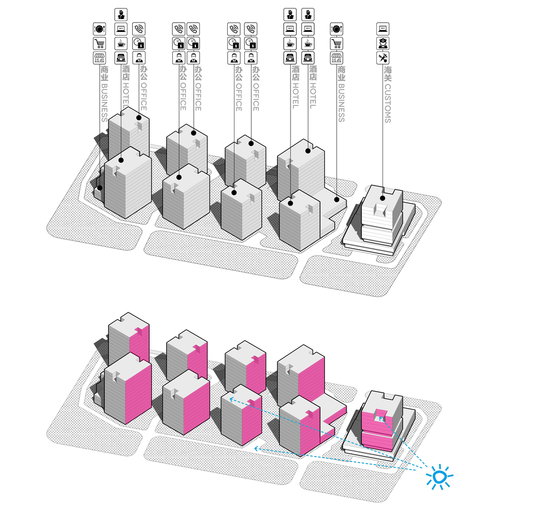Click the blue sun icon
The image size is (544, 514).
440,477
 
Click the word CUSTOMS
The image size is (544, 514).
388,103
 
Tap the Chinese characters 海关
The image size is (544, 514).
388,74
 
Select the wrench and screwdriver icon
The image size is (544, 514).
383,58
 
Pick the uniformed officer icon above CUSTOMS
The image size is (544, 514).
383,43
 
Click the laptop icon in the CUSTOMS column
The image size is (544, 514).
383,29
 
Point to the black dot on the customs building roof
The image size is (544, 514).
383,198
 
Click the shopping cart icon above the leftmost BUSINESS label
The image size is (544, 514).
99,44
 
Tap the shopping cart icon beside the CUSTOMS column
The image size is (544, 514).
337,44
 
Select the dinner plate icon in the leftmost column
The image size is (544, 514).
99,29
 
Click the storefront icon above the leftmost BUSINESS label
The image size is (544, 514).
99,58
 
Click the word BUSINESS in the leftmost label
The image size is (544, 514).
104,102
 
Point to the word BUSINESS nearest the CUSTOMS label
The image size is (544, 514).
341,103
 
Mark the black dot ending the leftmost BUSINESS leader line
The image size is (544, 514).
100,188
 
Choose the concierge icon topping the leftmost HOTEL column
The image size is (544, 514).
121,14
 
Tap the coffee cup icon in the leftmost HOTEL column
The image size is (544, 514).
121,43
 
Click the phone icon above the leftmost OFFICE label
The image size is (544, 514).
139,29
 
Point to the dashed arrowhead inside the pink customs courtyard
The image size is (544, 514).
381,418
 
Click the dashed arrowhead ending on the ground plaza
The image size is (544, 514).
257,448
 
